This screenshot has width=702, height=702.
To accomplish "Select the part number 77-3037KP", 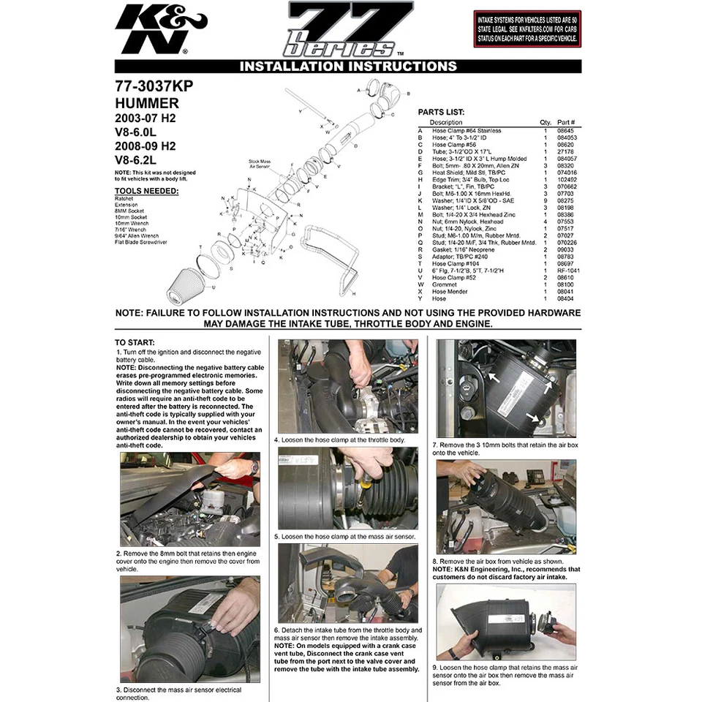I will [154, 86].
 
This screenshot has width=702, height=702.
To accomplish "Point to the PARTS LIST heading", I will [441, 113].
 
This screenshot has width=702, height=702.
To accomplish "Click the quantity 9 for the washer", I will [545, 200].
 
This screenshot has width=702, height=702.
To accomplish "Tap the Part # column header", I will [566, 123].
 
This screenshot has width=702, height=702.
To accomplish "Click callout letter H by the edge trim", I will [353, 293].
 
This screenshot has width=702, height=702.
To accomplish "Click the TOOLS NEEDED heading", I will [146, 192].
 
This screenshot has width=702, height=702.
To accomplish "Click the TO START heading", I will [135, 342].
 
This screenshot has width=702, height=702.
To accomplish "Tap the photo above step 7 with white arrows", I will [505, 389].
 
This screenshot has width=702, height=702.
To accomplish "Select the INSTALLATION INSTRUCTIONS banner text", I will [348, 67].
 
